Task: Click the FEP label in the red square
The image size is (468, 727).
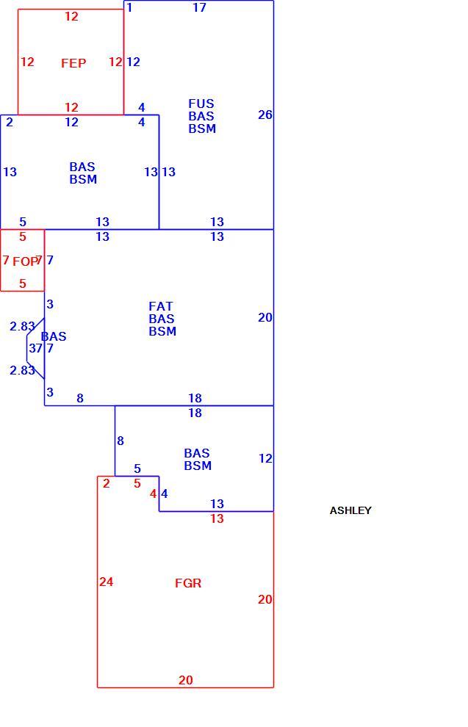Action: click(73, 63)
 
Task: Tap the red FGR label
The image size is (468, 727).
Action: click(188, 583)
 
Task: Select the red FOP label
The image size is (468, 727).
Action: click(25, 261)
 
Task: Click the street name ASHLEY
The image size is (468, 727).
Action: click(350, 510)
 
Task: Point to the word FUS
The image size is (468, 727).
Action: click(201, 104)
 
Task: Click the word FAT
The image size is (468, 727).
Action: click(160, 306)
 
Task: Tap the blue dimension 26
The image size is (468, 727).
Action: click(264, 115)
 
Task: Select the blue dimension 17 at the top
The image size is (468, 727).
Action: click(199, 7)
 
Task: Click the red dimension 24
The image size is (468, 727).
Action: click(106, 582)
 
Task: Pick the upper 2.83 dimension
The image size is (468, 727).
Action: click(22, 326)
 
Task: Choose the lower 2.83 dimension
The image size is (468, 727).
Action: click(22, 370)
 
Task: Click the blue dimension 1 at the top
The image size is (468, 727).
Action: click(129, 7)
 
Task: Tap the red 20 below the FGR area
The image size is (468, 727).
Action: click(186, 680)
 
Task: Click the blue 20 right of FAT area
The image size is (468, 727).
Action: click(264, 317)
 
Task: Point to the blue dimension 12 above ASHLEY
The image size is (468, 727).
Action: click(264, 458)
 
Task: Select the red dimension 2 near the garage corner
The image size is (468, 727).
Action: click(107, 483)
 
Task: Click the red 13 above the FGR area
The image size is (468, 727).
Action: click(217, 518)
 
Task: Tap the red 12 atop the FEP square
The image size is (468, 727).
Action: click(71, 16)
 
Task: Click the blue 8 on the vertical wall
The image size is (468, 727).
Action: click(120, 441)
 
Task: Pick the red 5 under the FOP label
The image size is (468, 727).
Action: click(22, 283)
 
